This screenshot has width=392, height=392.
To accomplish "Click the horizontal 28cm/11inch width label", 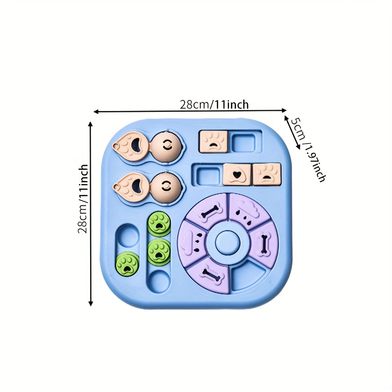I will click(214, 104).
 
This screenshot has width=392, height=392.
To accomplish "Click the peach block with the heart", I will click(238, 174).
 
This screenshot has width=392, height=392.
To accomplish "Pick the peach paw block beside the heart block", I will click(267, 174).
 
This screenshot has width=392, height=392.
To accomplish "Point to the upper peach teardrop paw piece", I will click(129, 145).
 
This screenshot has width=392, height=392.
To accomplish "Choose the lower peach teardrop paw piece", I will click(129, 185).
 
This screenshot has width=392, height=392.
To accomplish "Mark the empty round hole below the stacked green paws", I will click(159, 280).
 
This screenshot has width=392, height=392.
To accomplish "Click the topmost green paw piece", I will click(159, 224).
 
